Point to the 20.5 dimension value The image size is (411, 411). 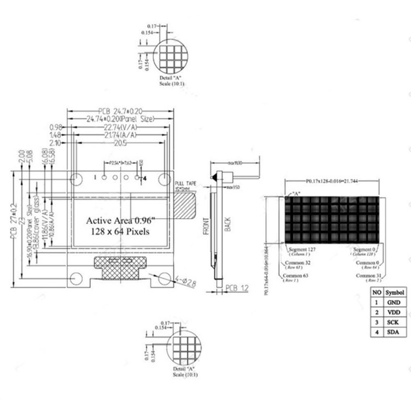coord(120,143)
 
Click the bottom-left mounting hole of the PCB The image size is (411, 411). coord(76,278)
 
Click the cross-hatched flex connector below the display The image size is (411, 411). coord(120,267)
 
